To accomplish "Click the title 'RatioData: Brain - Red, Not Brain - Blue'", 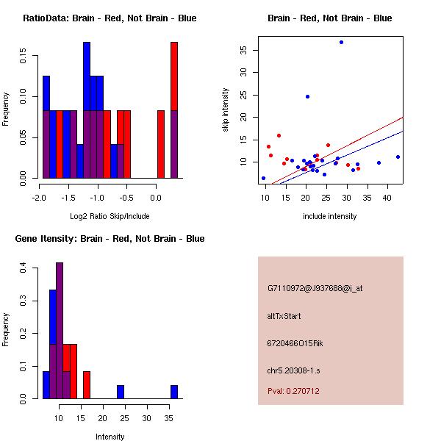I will pyautogui.click(x=110, y=18).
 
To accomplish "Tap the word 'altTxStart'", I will pyautogui.click(x=284, y=316).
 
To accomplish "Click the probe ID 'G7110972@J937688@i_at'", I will pyautogui.click(x=315, y=288).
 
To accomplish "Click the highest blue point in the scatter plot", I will pyautogui.click(x=341, y=42).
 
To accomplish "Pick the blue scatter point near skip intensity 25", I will pyautogui.click(x=307, y=96).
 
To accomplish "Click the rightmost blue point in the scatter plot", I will pyautogui.click(x=398, y=157).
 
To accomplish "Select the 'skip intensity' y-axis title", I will pyautogui.click(x=226, y=110).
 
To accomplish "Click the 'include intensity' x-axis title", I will pyautogui.click(x=329, y=216).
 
